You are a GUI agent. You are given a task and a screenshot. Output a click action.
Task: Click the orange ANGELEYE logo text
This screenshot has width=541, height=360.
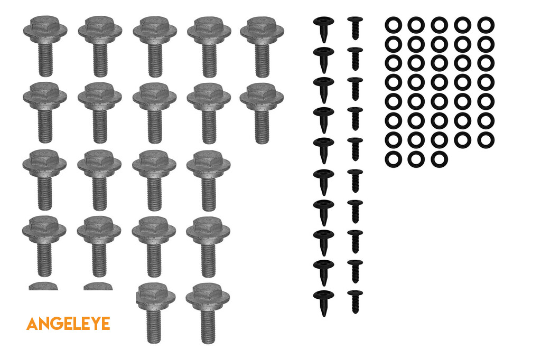(68, 324)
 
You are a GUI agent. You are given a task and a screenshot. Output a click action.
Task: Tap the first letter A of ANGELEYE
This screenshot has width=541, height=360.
(32, 324)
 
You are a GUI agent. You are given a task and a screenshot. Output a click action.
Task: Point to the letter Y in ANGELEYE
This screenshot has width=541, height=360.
(95, 324)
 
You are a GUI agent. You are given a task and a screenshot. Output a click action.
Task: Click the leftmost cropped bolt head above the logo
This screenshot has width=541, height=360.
(43, 286)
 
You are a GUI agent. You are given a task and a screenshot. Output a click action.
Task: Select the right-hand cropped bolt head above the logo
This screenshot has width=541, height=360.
(98, 286)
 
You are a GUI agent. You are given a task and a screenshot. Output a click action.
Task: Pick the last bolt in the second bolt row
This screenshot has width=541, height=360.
(262, 113)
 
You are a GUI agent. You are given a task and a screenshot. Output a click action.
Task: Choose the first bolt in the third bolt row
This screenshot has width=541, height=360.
(44, 179)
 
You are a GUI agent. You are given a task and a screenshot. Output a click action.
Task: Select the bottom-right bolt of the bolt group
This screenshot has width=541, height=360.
(208, 313)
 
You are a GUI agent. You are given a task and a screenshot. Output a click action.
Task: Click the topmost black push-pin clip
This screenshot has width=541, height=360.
(324, 30)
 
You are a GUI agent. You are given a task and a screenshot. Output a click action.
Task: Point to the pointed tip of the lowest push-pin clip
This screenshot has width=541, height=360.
(324, 315)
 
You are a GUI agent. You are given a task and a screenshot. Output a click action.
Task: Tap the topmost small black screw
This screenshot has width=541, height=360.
(355, 28)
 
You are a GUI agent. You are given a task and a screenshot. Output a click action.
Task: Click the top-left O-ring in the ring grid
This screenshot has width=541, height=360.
(393, 25)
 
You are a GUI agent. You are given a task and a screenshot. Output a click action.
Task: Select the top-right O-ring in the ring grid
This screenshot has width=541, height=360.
(486, 25)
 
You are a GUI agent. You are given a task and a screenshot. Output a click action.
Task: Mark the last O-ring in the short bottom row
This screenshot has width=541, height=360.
(439, 159)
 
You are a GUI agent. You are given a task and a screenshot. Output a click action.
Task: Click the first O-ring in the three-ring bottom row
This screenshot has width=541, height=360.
(393, 159)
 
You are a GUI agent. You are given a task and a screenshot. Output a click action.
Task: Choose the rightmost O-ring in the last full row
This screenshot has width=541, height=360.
(486, 140)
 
